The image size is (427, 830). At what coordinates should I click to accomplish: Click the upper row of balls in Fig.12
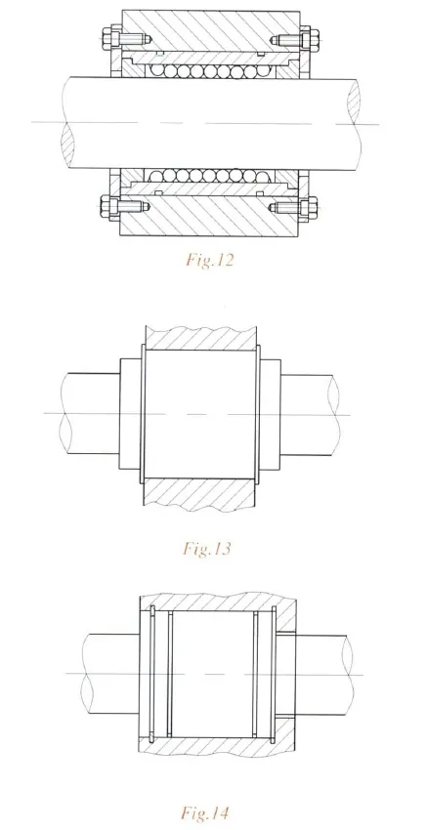pyautogui.click(x=209, y=70)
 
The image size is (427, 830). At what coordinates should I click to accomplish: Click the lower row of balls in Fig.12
pyautogui.click(x=209, y=175)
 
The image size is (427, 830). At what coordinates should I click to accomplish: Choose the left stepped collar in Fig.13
pyautogui.click(x=128, y=415)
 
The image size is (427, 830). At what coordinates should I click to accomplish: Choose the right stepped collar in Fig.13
pyautogui.click(x=272, y=415)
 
